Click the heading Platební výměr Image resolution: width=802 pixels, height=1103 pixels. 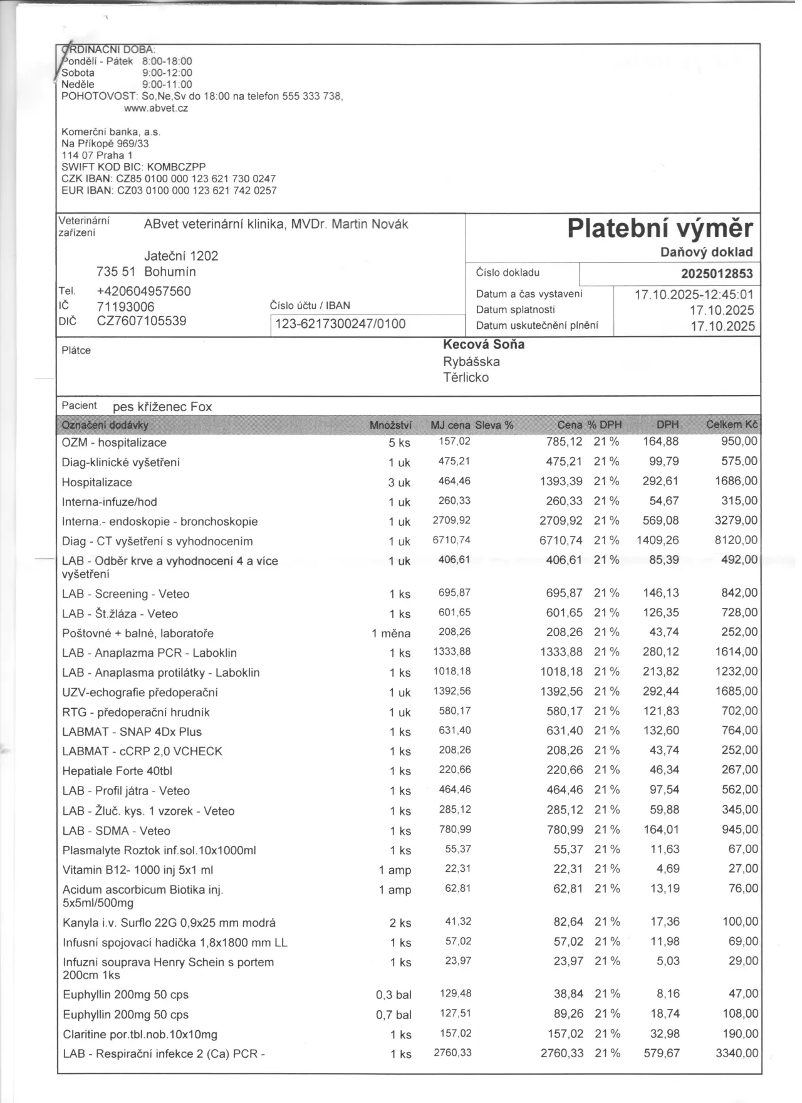coord(660,229)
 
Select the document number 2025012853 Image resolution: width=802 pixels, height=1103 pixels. coord(717,274)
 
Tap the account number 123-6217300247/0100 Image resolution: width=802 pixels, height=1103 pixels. coord(340,324)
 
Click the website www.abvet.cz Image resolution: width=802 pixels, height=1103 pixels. coord(156,108)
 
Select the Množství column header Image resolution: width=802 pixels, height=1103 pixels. coord(390,426)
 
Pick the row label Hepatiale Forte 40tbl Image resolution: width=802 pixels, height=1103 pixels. coord(117,771)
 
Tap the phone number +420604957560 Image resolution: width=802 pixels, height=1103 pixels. coord(143,291)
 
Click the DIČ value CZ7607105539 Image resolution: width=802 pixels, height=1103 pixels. coord(141,321)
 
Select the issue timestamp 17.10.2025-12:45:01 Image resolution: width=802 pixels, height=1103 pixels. coord(694,295)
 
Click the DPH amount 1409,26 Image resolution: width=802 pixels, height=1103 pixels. coord(657,540)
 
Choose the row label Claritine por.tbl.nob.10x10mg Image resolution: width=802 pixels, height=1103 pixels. coord(140,1034)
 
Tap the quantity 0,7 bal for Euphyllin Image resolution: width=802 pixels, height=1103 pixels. coord(393,1015)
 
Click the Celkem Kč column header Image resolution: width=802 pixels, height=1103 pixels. coord(731,425)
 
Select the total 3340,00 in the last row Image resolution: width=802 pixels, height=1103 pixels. coord(736,1053)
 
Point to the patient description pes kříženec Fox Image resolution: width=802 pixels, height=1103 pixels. coord(162,407)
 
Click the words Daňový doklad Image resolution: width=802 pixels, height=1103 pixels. coord(706,252)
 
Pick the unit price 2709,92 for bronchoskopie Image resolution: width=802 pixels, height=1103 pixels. coord(451,521)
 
